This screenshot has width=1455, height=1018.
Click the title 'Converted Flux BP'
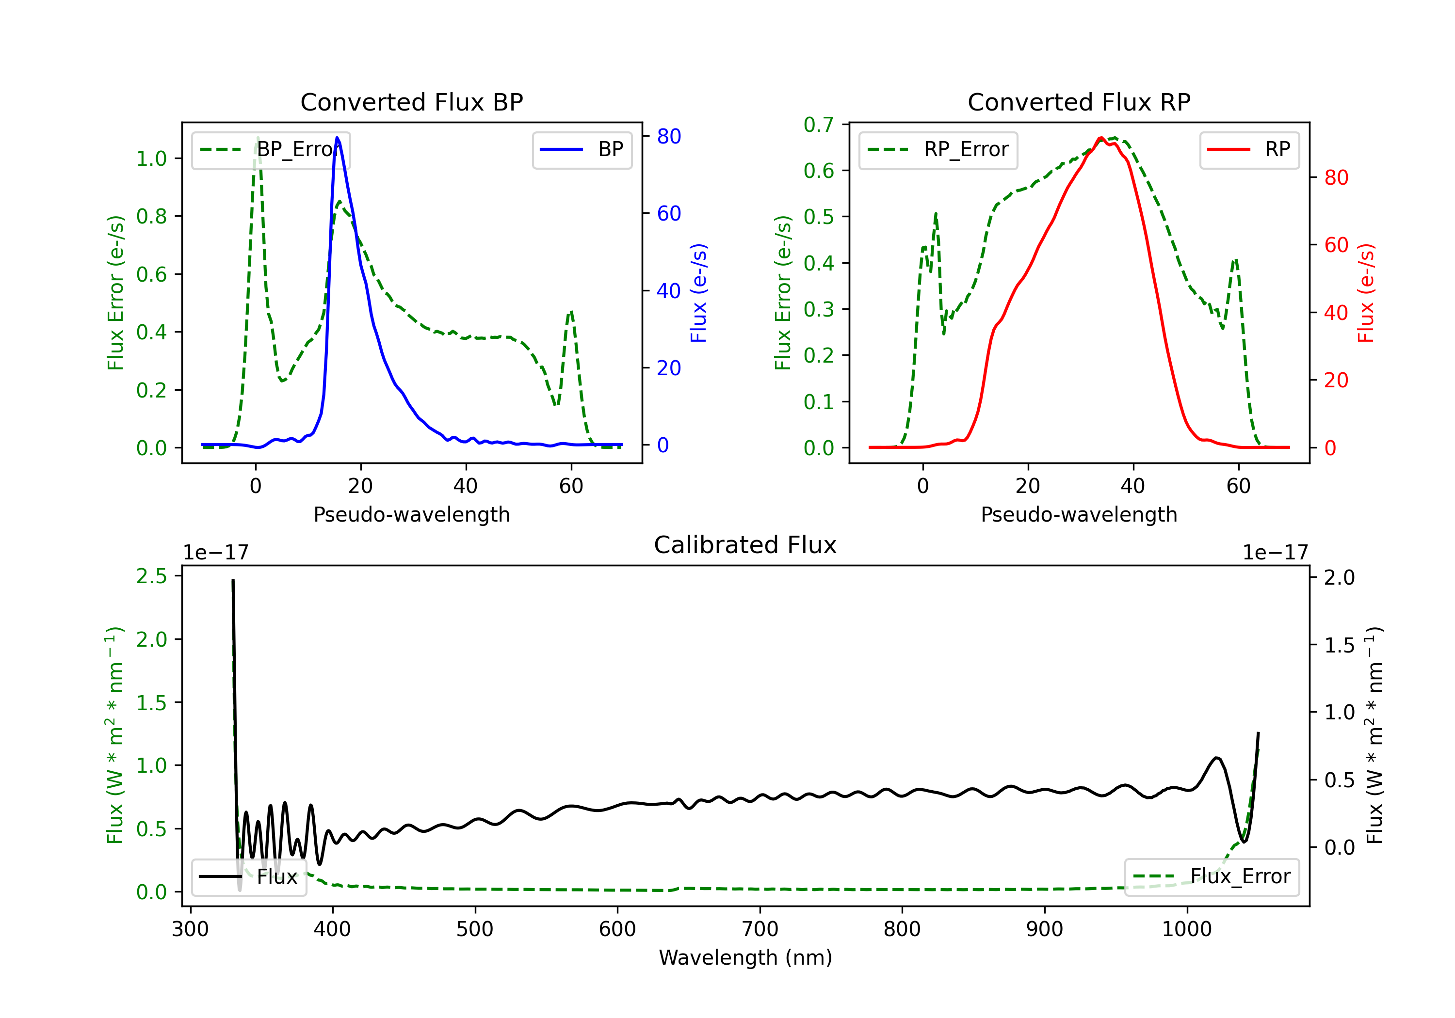click(411, 102)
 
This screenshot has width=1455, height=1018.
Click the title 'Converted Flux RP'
click(1079, 102)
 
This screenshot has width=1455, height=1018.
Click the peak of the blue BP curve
click(337, 138)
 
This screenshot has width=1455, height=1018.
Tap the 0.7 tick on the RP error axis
click(818, 125)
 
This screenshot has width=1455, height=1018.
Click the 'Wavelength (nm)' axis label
click(745, 957)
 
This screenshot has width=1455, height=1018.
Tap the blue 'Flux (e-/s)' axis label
click(698, 293)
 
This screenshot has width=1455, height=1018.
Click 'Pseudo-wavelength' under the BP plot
click(411, 514)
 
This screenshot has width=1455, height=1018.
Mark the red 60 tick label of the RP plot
click(1336, 245)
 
